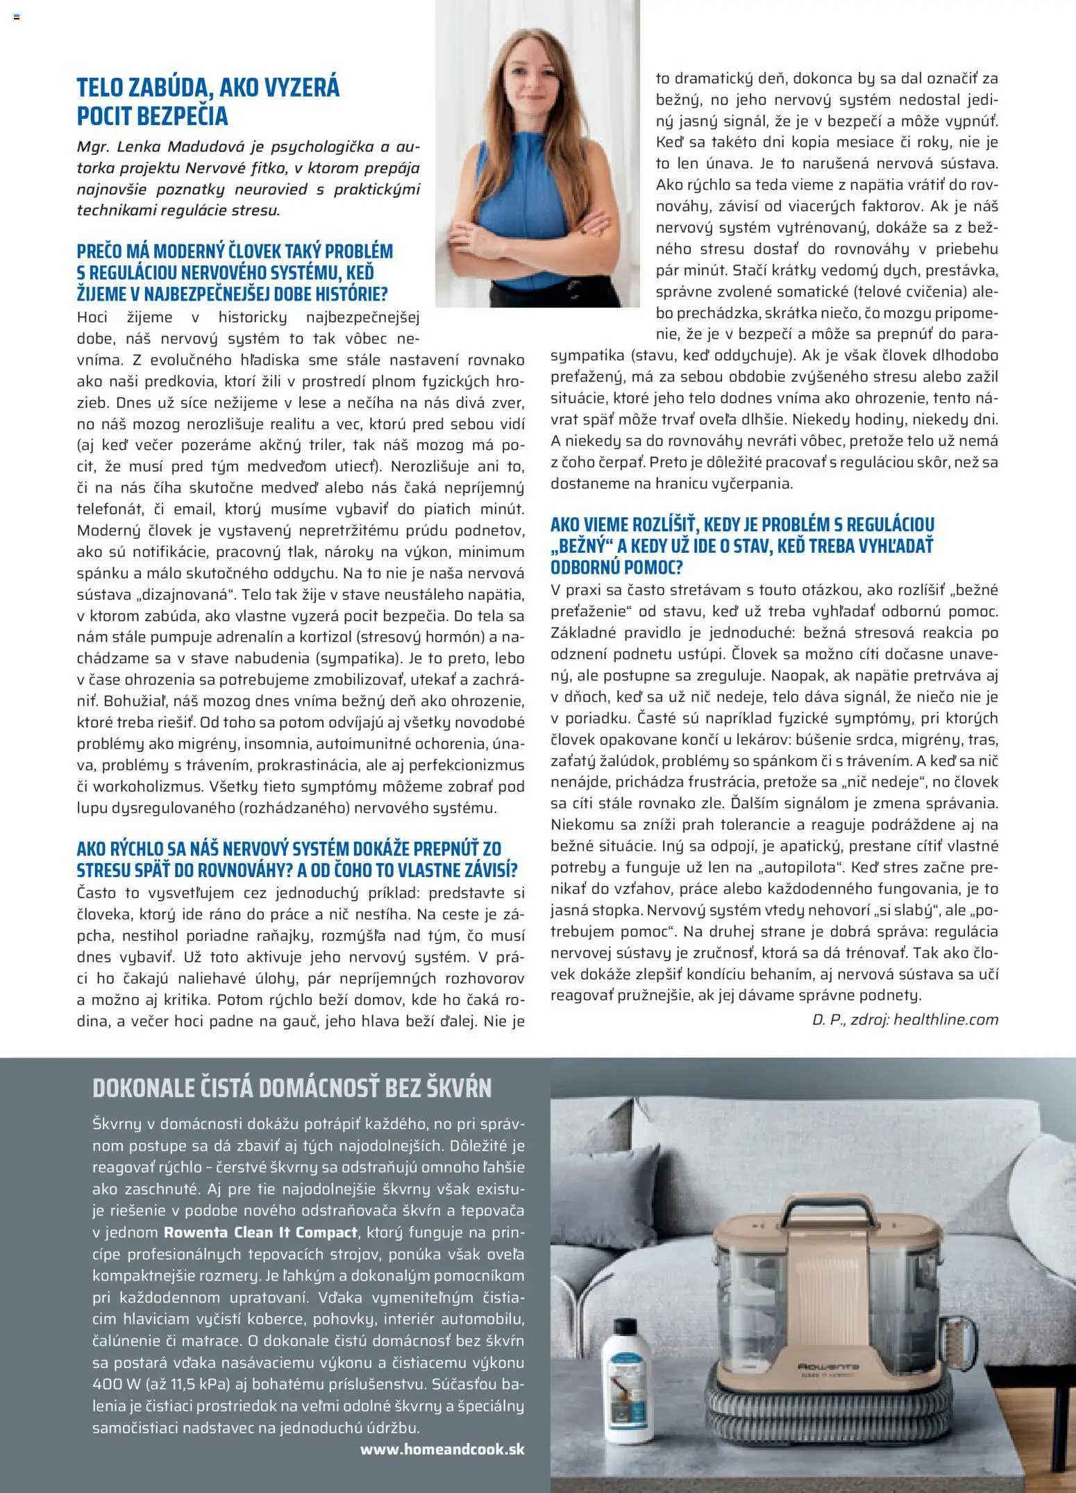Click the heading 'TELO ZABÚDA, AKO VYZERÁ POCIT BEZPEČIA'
click(208, 101)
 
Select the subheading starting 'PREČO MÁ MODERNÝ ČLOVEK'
click(235, 272)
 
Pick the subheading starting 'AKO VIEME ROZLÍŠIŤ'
click(742, 546)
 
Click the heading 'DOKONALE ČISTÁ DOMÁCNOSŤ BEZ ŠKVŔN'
click(292, 1087)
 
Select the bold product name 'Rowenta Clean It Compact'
click(260, 1233)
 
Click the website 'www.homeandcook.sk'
click(442, 1449)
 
